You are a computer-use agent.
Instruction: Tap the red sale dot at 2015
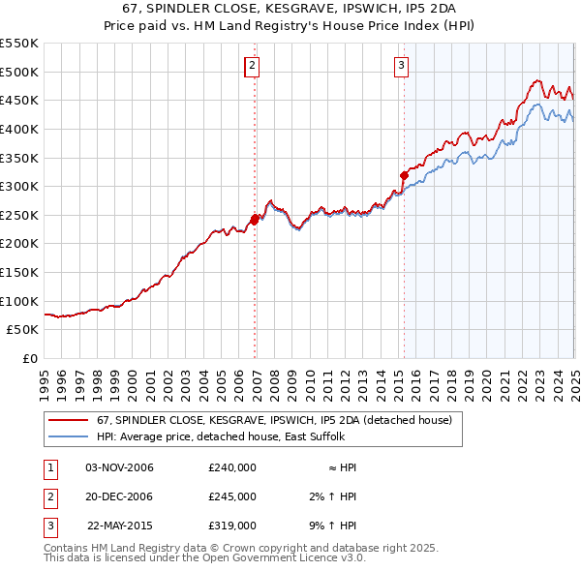(404, 175)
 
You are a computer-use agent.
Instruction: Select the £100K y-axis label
(21, 301)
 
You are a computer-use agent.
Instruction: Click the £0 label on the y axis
(30, 358)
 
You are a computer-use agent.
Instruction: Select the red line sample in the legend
(69, 420)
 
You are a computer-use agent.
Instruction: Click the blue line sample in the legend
(69, 436)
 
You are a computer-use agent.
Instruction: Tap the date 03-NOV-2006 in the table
(120, 467)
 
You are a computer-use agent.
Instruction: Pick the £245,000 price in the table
(232, 496)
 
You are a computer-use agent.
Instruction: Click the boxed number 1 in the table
(48, 467)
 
